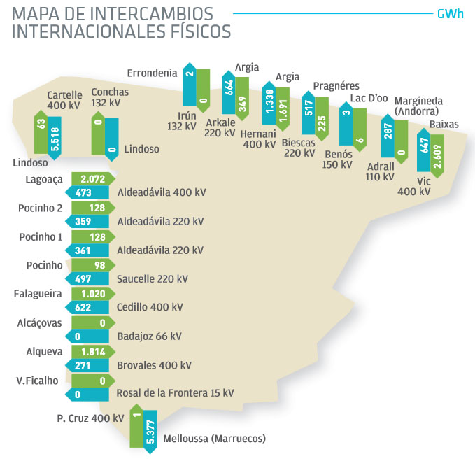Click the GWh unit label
(x=450, y=14)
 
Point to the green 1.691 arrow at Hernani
(x=283, y=107)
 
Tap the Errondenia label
(x=152, y=73)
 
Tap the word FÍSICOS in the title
(x=192, y=31)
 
